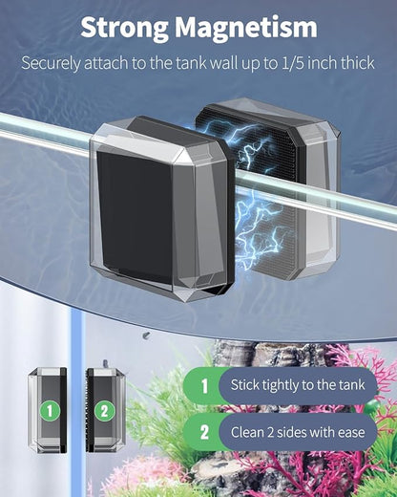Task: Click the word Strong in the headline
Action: coord(124,28)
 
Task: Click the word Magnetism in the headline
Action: coord(246,27)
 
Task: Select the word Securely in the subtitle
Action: coord(51,64)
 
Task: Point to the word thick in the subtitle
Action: coord(358,63)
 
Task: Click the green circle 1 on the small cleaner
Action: coord(50,411)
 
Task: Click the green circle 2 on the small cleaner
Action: coord(104,411)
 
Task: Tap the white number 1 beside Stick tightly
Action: coord(204,385)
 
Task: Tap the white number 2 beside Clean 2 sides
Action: coord(204,432)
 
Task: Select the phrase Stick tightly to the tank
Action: coord(298,385)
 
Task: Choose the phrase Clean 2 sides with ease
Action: coord(298,432)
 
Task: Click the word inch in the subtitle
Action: coord(322,63)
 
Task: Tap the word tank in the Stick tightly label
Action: coord(351,385)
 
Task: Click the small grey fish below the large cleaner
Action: coord(146,335)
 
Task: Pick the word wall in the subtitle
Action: coord(224,63)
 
